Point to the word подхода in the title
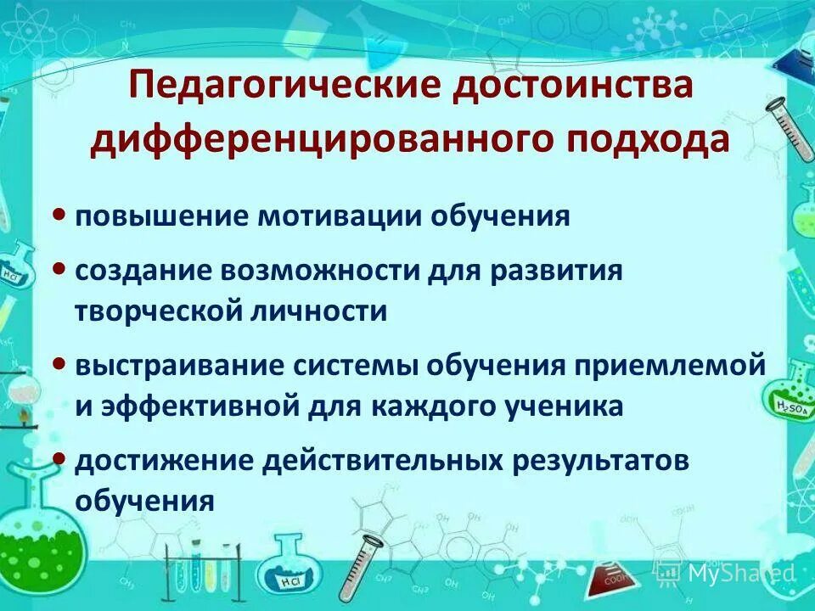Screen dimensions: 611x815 646,139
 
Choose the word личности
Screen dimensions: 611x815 327,311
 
